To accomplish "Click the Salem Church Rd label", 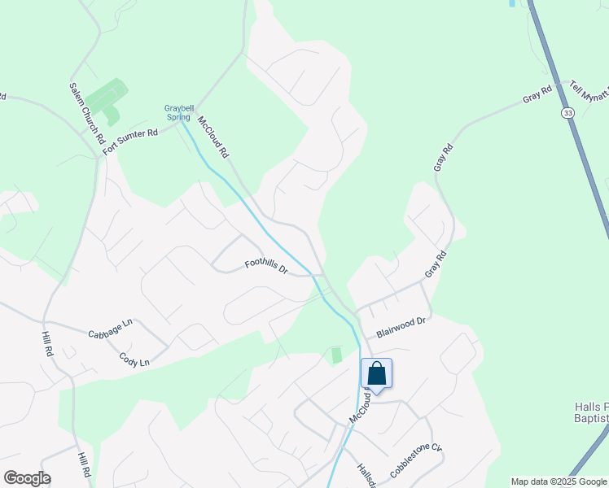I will [87, 113].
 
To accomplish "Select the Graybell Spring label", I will [178, 112].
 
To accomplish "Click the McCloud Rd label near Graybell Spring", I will [213, 136].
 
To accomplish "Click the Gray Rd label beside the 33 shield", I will [537, 95].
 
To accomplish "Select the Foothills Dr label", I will [267, 265].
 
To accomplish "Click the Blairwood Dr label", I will [401, 328].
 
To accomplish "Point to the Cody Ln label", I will [134, 359].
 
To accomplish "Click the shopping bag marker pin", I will [377, 374].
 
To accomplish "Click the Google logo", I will [27, 478].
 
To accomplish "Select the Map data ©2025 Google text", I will [559, 481].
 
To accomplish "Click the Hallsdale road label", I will [365, 476].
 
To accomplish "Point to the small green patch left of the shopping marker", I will [336, 355].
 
